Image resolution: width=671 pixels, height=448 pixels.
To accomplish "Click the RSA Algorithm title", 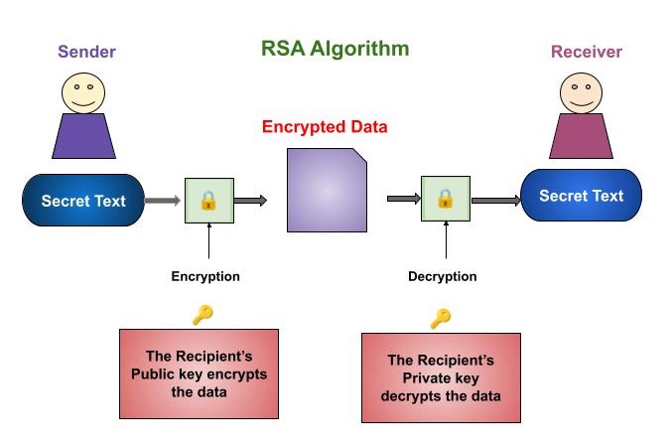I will click(x=335, y=48).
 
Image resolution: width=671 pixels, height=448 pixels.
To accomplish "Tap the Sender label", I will click(x=86, y=51).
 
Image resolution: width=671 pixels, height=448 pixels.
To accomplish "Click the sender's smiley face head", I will click(x=83, y=91).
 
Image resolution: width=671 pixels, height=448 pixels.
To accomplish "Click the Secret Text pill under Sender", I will click(x=83, y=201).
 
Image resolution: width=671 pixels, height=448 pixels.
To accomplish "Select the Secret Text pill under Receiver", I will click(x=581, y=196).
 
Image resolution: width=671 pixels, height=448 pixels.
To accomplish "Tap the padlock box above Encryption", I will click(x=208, y=201).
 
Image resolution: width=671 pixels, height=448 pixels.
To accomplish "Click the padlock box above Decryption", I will click(x=445, y=199).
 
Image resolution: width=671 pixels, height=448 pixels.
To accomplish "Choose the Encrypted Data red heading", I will click(x=325, y=127).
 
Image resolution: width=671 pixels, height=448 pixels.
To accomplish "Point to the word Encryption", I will click(x=205, y=276).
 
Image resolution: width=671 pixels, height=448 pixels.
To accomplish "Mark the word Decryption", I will click(x=443, y=276).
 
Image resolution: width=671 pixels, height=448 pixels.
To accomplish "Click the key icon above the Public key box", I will click(x=202, y=314).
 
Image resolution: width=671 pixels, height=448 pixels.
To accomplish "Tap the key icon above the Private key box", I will click(x=440, y=318).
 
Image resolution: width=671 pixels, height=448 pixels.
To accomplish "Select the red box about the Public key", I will click(x=200, y=373).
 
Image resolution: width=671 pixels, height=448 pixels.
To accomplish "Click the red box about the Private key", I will click(x=440, y=377).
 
